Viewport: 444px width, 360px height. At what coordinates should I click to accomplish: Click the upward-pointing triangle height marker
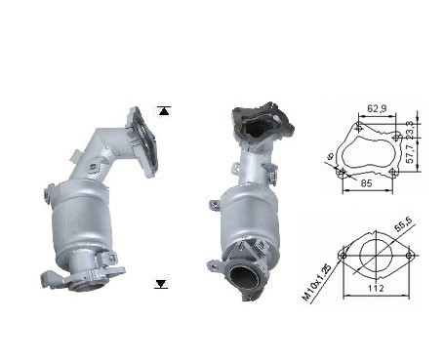click(x=163, y=111)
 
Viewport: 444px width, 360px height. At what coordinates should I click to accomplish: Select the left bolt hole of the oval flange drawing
click(x=343, y=257)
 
